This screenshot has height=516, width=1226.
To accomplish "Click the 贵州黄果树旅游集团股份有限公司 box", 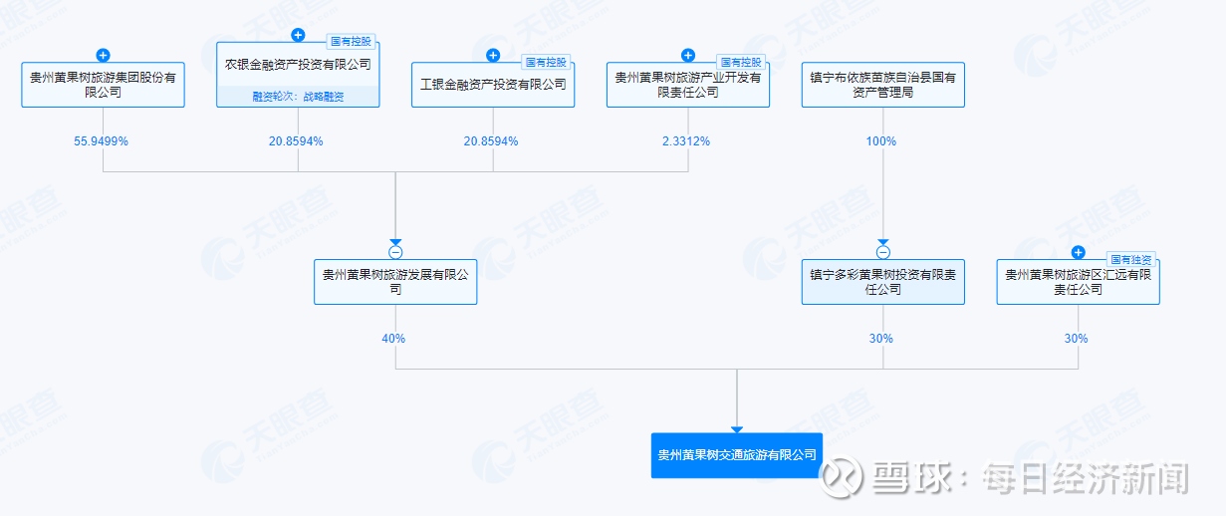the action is coord(103,85).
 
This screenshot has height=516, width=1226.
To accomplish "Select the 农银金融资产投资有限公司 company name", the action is coord(298,65).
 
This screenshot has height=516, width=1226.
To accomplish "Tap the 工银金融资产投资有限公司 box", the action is coord(493,85).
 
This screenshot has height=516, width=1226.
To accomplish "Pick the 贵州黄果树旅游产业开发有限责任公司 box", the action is coord(688,85).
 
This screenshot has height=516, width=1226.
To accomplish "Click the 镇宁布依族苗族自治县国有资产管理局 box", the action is coord(882,85).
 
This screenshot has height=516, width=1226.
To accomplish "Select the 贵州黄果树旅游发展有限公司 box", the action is coord(395,282).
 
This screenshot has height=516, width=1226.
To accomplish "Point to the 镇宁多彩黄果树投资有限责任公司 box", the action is coord(882,282).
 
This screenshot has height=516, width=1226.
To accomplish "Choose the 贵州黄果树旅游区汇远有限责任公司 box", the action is coord(1078,282).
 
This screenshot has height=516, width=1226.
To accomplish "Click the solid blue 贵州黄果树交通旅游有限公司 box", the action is coord(737,455).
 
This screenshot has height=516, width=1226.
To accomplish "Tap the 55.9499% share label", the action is coord(102,141).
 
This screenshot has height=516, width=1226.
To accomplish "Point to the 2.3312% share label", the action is coord(686,141).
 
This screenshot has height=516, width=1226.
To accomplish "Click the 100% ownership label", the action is coord(881,141).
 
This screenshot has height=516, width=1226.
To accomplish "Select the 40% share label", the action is coord(393,339).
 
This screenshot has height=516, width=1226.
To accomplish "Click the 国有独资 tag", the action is coord(1130,259).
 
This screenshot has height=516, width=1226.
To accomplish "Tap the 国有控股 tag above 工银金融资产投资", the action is coord(546,63).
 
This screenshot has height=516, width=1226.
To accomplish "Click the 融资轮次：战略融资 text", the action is coord(298,97).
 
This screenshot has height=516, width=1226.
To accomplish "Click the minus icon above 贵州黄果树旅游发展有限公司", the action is coord(395,252).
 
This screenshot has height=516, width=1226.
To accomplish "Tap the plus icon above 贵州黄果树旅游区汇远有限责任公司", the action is coord(1078,252).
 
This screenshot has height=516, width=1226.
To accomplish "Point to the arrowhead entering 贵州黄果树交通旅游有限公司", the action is coord(737,429).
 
